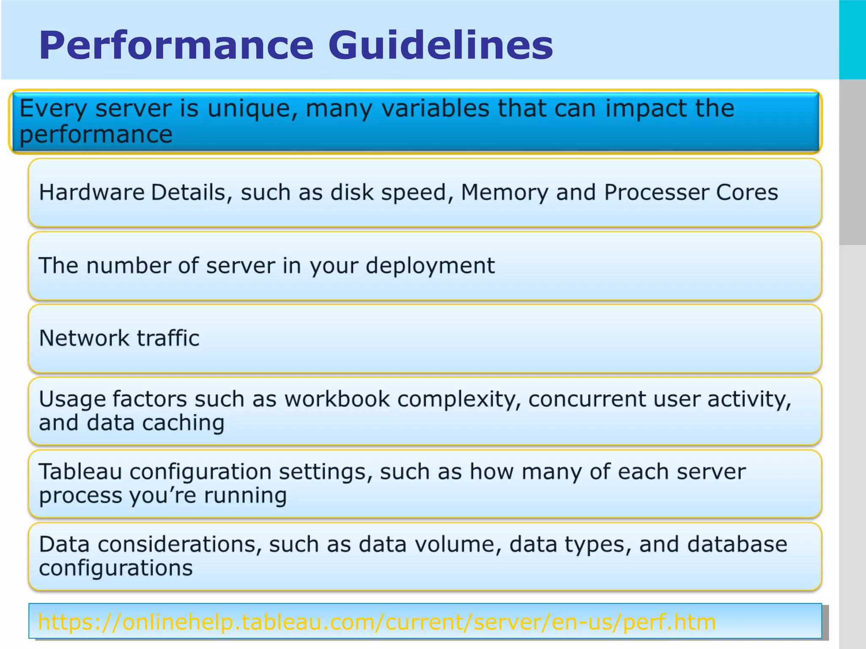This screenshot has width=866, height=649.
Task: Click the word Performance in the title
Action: click(x=176, y=46)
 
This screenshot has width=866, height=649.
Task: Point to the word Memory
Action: click(x=504, y=193)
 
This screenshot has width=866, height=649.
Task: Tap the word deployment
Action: click(x=430, y=266)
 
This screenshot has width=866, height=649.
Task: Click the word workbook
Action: click(x=337, y=399)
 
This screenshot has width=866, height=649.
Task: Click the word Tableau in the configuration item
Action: click(x=80, y=472)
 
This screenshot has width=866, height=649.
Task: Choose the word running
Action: click(x=245, y=495)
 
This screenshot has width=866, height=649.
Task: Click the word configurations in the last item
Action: click(x=116, y=568)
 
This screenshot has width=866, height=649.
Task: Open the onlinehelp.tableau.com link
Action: click(x=377, y=622)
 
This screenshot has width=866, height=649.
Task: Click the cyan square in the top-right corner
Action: click(x=852, y=39)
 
